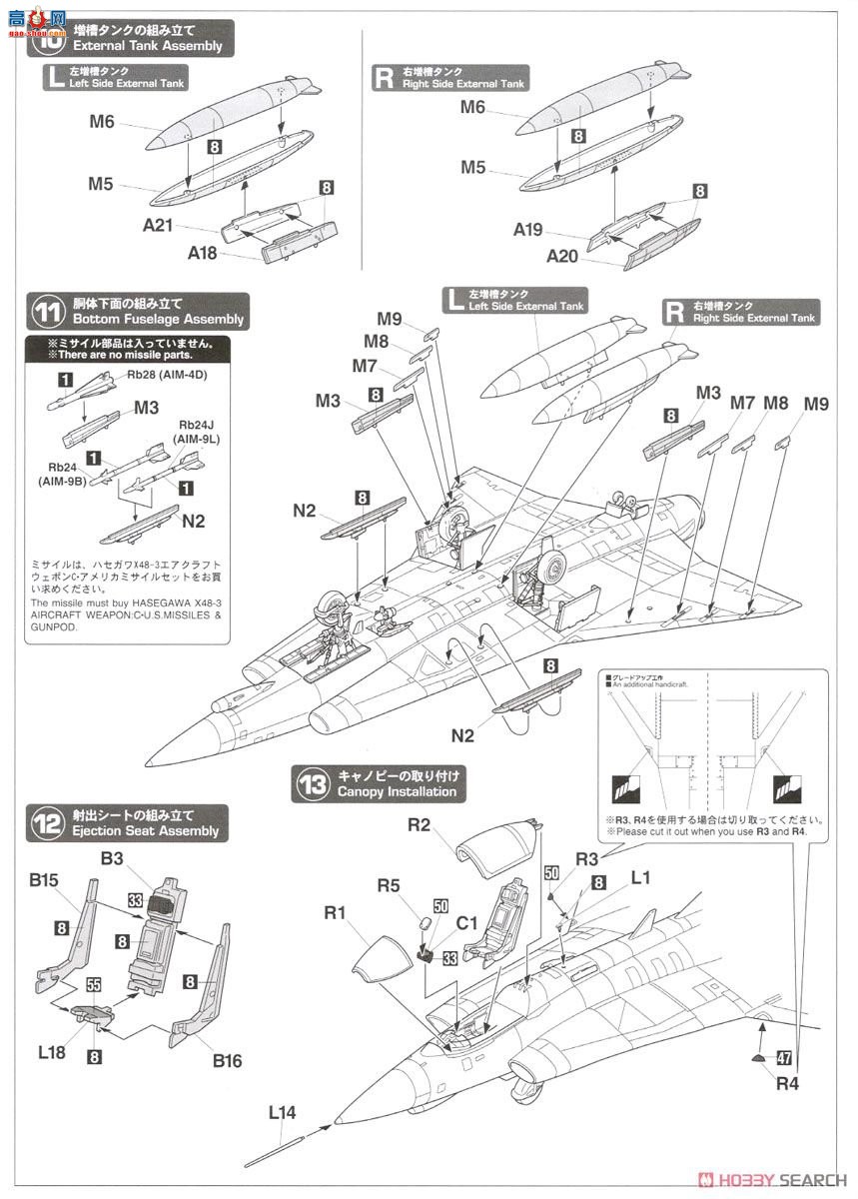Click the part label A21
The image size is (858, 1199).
click(x=158, y=226)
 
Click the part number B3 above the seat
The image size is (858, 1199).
click(x=112, y=857)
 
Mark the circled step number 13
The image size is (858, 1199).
click(x=312, y=784)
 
